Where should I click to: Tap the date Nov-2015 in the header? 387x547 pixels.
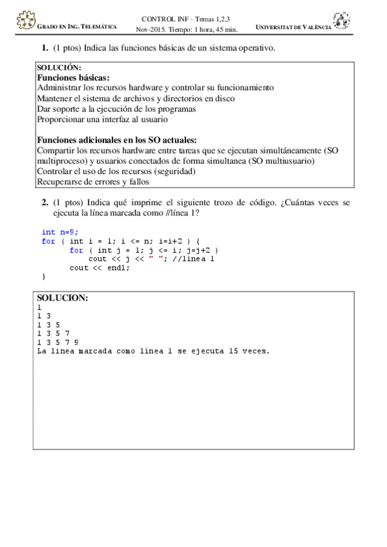pos(151,29)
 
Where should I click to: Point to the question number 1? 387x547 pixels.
pos(45,48)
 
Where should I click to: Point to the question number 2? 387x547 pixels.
pos(45,202)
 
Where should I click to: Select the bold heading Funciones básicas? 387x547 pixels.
pos(73,77)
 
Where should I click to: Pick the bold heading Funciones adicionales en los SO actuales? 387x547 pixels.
pos(116,140)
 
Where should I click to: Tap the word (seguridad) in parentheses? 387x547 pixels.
pos(176,171)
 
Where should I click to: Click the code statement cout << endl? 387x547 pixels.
pos(99,268)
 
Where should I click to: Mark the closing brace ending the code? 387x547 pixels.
pos(44,277)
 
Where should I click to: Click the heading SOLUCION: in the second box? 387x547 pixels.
pos(62,298)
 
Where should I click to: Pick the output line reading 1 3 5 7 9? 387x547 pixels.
pos(58,343)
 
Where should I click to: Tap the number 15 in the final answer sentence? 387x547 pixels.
pos(225,352)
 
